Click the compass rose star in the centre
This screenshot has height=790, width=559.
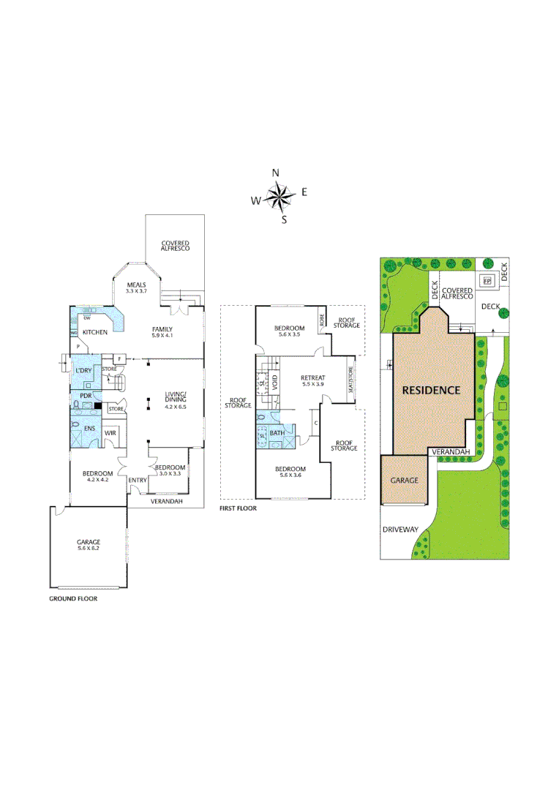278,195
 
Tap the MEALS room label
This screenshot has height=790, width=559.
137,285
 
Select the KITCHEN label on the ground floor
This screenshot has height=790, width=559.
95,333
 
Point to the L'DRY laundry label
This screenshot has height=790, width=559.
83,371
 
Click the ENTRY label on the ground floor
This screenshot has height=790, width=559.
138,480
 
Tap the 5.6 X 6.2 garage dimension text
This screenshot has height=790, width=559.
89,549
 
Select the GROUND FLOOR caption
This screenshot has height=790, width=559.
73,598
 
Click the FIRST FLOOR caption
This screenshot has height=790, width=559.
239,507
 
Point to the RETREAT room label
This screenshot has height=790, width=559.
313,377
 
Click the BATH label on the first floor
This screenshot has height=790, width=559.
277,433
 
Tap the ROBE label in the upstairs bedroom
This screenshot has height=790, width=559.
322,320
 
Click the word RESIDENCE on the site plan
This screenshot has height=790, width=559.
432,390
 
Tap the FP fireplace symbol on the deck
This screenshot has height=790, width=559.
486,280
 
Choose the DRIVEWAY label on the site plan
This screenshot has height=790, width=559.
398,529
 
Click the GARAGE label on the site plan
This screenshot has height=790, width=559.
403,480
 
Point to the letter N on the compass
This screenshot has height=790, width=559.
276,173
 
